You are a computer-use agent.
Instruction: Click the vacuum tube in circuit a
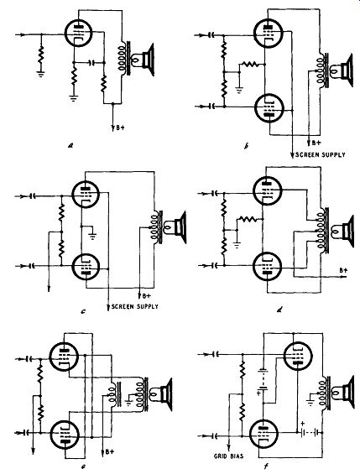click(79, 33)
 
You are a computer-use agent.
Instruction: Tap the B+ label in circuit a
click(119, 128)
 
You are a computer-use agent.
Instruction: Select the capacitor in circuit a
click(92, 63)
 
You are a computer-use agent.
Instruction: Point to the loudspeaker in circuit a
click(143, 60)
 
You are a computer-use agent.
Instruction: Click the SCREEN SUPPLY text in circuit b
click(321, 154)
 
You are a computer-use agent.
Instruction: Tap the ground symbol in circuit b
click(239, 89)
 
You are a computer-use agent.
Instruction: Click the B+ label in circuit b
click(316, 143)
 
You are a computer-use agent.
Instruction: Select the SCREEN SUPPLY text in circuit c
click(135, 306)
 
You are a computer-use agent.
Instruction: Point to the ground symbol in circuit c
click(93, 236)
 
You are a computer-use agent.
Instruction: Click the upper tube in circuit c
click(86, 194)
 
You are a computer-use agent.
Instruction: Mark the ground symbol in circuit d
click(237, 245)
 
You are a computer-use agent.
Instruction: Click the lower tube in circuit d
click(267, 267)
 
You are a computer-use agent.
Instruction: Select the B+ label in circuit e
click(110, 451)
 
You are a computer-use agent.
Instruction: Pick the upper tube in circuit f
click(298, 356)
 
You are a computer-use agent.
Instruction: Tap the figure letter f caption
click(266, 467)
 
